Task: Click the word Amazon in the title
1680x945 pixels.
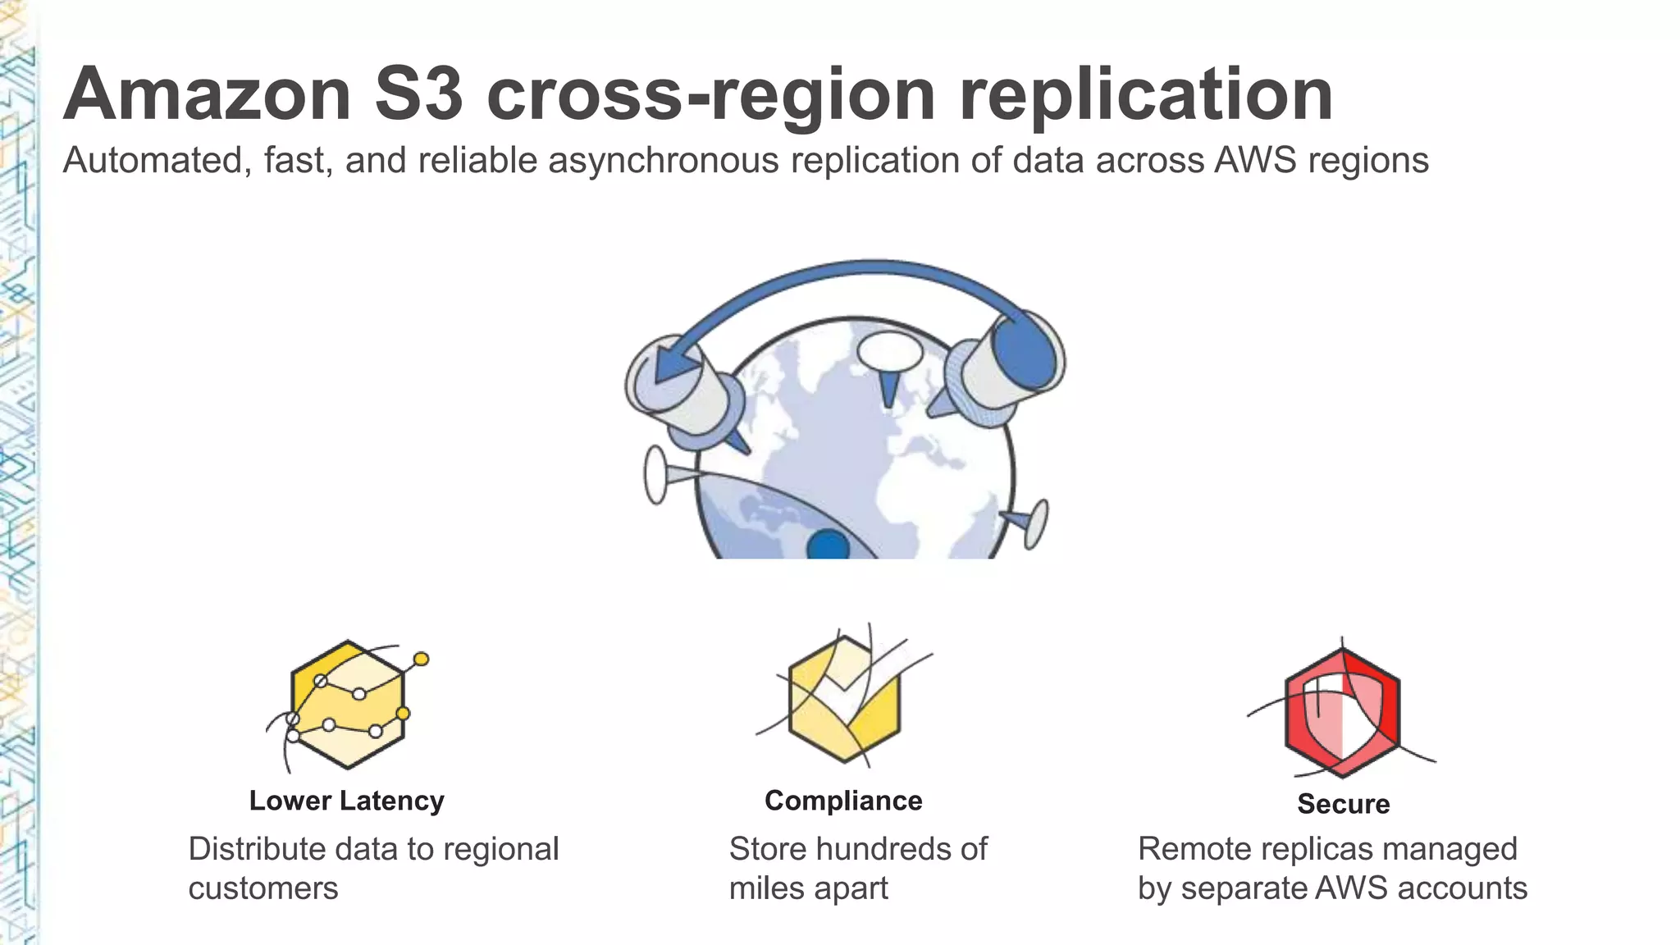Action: pos(208,95)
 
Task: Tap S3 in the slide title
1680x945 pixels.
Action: pos(418,95)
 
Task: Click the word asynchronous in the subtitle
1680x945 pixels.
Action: pos(663,161)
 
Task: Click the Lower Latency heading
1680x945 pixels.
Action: pos(346,801)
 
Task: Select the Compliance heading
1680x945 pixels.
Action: pos(843,801)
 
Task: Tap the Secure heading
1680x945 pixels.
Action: pos(1343,804)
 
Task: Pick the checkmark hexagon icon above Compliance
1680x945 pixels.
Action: pos(845,697)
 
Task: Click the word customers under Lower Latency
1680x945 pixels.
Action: pos(262,888)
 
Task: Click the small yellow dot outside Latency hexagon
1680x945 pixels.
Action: pos(421,659)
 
